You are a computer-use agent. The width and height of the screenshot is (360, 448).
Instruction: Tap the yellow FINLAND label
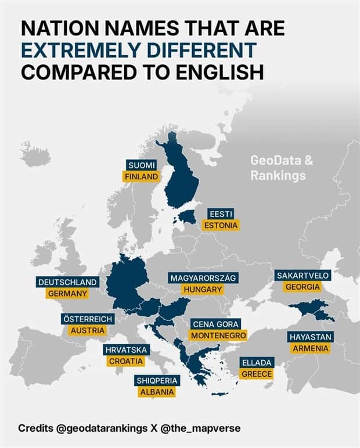pyautogui.click(x=141, y=176)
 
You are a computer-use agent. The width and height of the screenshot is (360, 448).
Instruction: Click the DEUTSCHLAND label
pyautogui.click(x=67, y=282)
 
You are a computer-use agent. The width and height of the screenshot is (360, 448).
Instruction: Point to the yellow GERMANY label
pyautogui.click(x=67, y=294)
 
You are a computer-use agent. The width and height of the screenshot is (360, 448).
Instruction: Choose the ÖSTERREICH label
pyautogui.click(x=87, y=319)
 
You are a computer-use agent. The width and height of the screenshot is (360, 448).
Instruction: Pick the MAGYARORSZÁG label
pyautogui.click(x=203, y=277)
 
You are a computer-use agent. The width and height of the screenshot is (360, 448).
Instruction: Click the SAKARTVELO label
pyautogui.click(x=303, y=275)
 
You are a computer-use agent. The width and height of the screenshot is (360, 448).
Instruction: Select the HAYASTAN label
pyautogui.click(x=311, y=337)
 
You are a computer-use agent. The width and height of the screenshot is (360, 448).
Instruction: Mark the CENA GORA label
pyautogui.click(x=216, y=324)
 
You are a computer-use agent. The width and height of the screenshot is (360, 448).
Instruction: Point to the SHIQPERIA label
pyautogui.click(x=157, y=380)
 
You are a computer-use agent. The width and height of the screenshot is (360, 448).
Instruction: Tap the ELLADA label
pyautogui.click(x=257, y=362)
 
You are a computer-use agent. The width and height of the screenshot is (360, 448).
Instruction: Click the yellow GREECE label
pyautogui.click(x=257, y=374)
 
